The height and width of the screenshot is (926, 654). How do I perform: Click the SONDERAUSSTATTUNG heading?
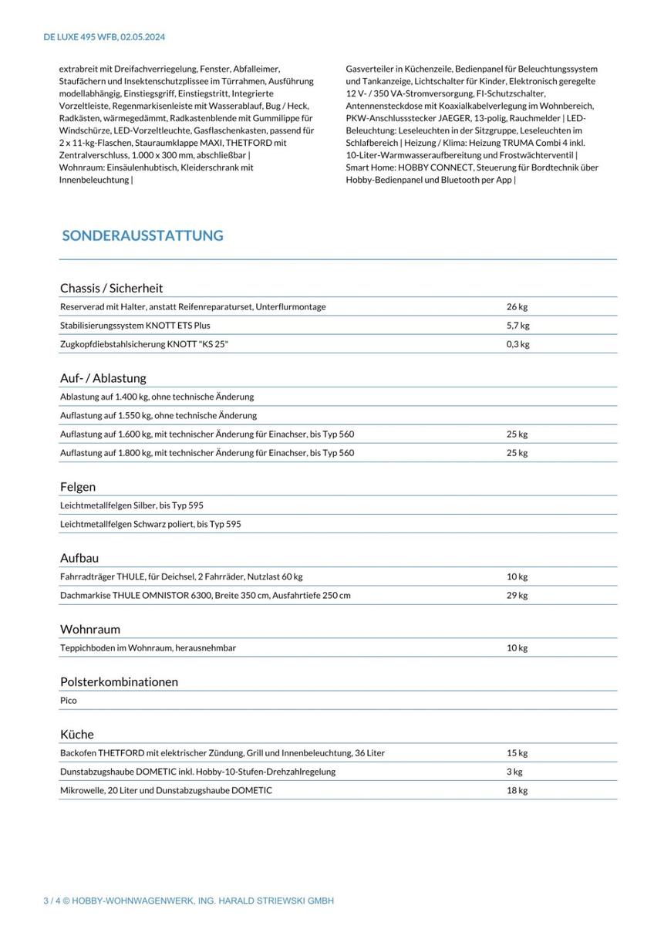(x=143, y=235)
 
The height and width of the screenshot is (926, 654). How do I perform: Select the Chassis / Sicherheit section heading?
(x=111, y=288)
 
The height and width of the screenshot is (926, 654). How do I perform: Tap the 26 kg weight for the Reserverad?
(x=517, y=306)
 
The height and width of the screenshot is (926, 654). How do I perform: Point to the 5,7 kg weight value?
(x=517, y=326)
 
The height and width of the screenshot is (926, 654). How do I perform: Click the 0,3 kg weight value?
(x=517, y=344)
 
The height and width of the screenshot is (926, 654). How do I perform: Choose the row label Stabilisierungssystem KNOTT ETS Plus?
(x=135, y=326)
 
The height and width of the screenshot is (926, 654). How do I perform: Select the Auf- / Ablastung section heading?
(x=103, y=378)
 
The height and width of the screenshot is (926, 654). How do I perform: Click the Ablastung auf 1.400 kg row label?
(x=157, y=397)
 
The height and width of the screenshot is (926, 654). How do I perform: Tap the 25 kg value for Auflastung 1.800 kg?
(x=517, y=453)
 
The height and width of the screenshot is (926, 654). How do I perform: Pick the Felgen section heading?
(x=78, y=487)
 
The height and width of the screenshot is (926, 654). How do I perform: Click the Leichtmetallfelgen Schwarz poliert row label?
(x=150, y=524)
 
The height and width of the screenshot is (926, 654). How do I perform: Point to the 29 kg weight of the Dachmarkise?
(x=517, y=595)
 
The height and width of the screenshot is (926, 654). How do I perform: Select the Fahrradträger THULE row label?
(x=181, y=576)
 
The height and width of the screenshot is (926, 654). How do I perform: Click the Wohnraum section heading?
(x=89, y=629)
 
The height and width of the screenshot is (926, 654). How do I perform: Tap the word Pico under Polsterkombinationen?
(x=69, y=701)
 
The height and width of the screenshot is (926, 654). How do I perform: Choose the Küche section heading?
(x=76, y=734)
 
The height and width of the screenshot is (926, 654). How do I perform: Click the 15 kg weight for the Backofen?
(x=517, y=753)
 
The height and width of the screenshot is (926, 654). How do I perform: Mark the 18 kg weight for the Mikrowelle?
(x=517, y=790)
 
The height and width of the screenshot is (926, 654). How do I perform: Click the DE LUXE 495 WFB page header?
(x=104, y=37)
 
